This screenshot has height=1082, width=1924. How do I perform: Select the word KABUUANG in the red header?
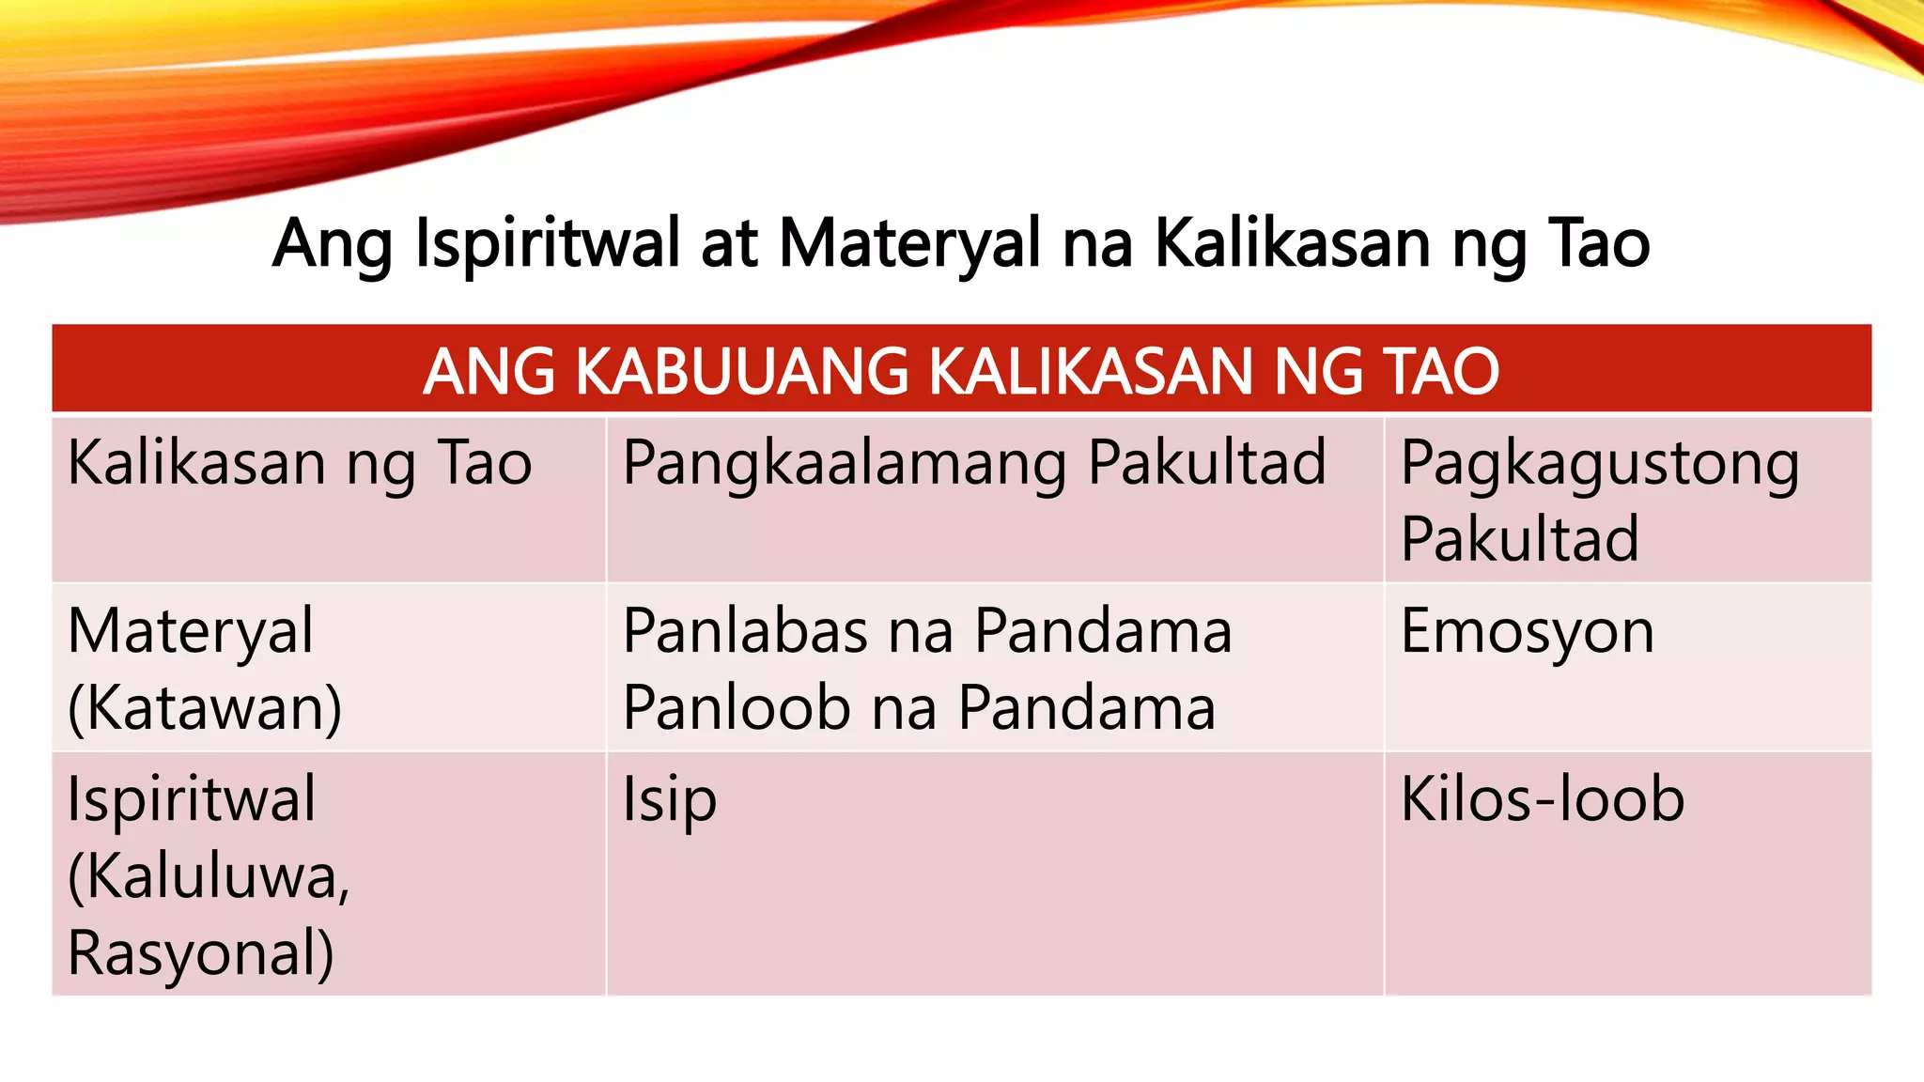[741, 371]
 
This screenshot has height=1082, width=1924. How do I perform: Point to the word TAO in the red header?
[1441, 371]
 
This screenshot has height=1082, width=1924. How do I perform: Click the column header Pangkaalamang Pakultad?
[974, 463]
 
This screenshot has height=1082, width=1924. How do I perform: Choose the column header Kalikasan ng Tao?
[300, 463]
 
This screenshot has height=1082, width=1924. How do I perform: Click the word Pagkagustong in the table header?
[1599, 463]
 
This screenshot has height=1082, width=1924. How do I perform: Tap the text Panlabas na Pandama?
[927, 630]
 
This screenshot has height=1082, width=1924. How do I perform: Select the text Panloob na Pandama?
[919, 707]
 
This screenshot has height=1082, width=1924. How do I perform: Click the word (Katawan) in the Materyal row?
[205, 707]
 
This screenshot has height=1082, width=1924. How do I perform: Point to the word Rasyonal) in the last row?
[201, 952]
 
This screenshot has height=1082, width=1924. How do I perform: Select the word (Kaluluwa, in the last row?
[209, 875]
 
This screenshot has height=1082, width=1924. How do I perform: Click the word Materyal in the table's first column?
[191, 630]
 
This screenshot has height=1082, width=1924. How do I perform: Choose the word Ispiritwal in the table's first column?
[192, 799]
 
